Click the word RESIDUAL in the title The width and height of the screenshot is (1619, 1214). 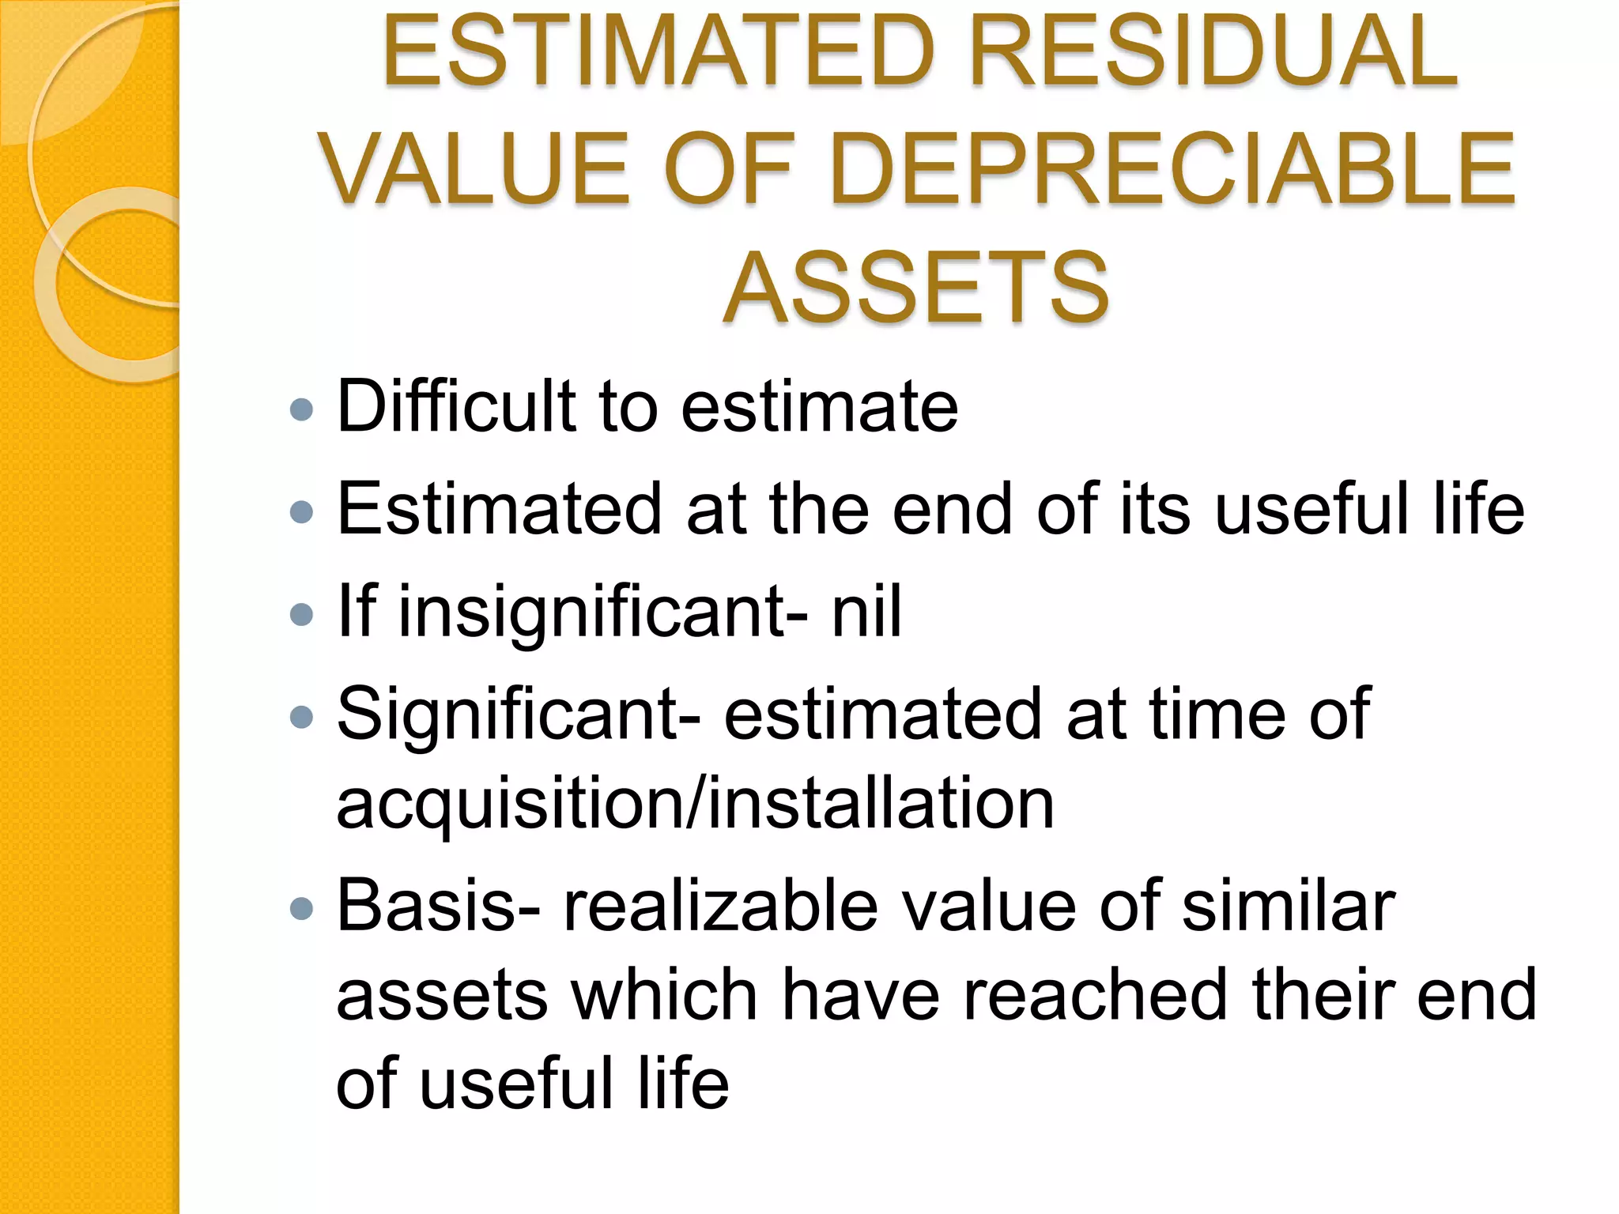point(1213,51)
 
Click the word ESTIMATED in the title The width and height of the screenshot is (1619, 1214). point(656,51)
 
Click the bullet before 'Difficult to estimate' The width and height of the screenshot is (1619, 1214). point(301,409)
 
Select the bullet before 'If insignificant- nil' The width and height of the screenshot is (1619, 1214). point(301,614)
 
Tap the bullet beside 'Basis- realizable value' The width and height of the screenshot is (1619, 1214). point(301,909)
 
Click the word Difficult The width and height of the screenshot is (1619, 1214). point(456,406)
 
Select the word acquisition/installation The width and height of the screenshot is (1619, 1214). point(695,804)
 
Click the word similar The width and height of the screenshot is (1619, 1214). point(1289,906)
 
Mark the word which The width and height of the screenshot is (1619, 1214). point(665,994)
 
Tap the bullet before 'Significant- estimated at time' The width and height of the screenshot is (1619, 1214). point(301,717)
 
